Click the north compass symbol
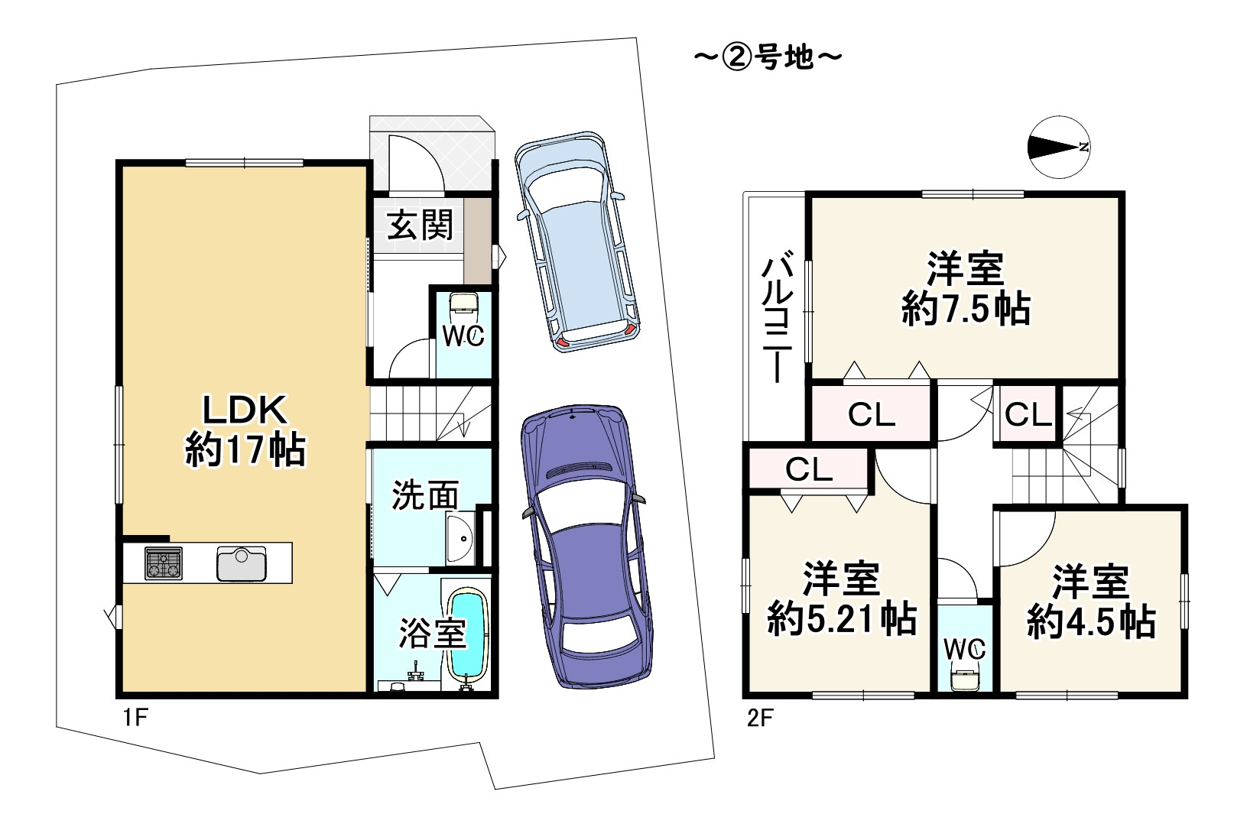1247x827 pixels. pos(1059,147)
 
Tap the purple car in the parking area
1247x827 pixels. pos(586,546)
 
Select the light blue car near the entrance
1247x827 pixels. pos(576,242)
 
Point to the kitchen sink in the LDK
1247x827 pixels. pos(242,563)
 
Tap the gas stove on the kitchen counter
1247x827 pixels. pos(163,563)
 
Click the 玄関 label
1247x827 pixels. pos(421,225)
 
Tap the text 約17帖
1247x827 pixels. pos(245,449)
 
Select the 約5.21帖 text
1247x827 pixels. pos(842,619)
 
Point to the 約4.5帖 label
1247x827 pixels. pos(1091,621)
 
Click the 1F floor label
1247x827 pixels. pos(135,718)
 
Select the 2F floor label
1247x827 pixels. pos(760,718)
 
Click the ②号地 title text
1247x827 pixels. pos(768,57)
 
